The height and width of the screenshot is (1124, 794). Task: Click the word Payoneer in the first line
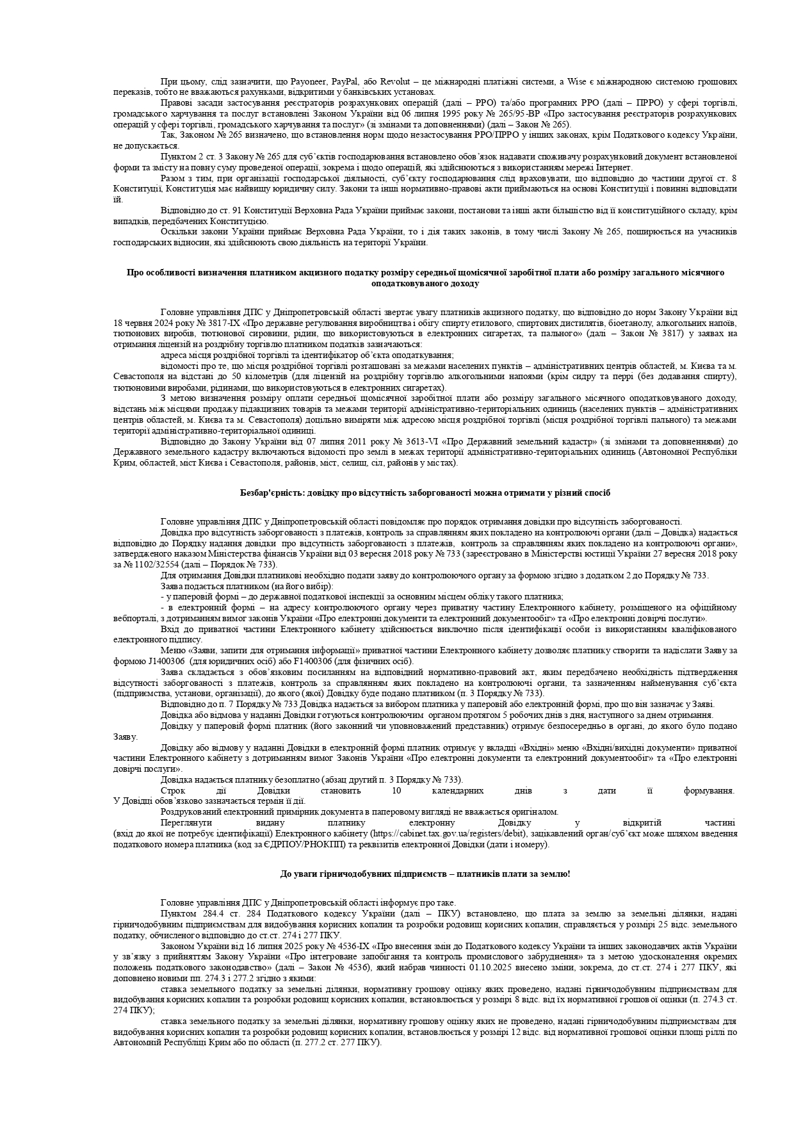click(309, 82)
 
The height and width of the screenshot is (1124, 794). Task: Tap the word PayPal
click(347, 82)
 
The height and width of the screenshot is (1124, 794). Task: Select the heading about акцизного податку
click(425, 277)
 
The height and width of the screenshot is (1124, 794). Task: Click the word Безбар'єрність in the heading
click(268, 493)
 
